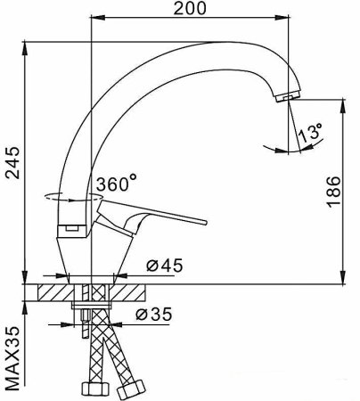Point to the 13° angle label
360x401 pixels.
311,135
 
